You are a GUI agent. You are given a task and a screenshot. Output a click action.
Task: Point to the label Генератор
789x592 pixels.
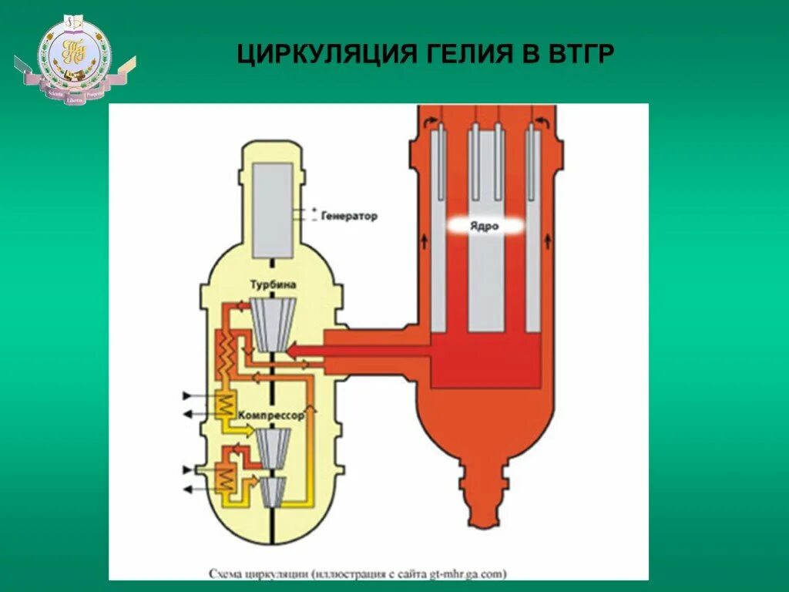(351, 216)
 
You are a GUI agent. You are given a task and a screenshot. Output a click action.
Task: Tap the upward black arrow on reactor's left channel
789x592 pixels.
(424, 241)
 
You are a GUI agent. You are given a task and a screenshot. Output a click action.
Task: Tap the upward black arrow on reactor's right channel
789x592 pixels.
(548, 241)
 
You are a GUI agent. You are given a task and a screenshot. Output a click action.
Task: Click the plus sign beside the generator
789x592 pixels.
(314, 209)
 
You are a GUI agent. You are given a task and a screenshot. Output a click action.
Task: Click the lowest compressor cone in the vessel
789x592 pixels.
(273, 492)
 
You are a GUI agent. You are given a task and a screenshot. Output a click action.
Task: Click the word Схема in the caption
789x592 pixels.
(228, 573)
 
